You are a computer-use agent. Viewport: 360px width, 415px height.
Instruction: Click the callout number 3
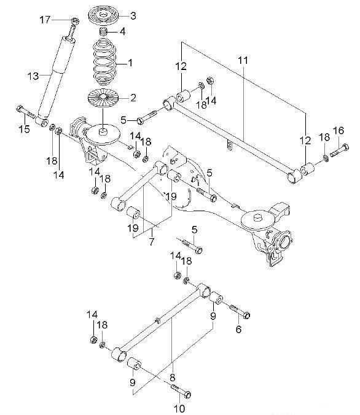tap(133, 15)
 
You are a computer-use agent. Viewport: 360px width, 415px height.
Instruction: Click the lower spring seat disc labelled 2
tap(103, 98)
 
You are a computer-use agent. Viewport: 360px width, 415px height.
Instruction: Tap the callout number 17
tap(45, 20)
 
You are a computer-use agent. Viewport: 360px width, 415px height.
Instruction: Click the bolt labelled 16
tap(340, 150)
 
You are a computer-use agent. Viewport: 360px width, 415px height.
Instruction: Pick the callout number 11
tap(243, 60)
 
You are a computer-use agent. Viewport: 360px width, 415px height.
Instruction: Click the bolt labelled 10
tap(181, 391)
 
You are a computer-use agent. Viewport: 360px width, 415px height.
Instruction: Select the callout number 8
tap(173, 377)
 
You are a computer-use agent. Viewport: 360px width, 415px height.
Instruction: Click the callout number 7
tap(151, 242)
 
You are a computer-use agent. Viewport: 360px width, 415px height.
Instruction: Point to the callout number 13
tap(33, 76)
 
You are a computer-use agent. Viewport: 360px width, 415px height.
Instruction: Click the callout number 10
tap(179, 408)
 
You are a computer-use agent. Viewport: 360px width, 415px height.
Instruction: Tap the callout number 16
tap(338, 131)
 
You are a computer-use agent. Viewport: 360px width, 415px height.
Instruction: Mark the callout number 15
tap(24, 129)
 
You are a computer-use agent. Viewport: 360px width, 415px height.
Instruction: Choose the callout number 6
tap(238, 329)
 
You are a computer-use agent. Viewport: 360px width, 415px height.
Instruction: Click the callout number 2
tap(133, 98)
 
